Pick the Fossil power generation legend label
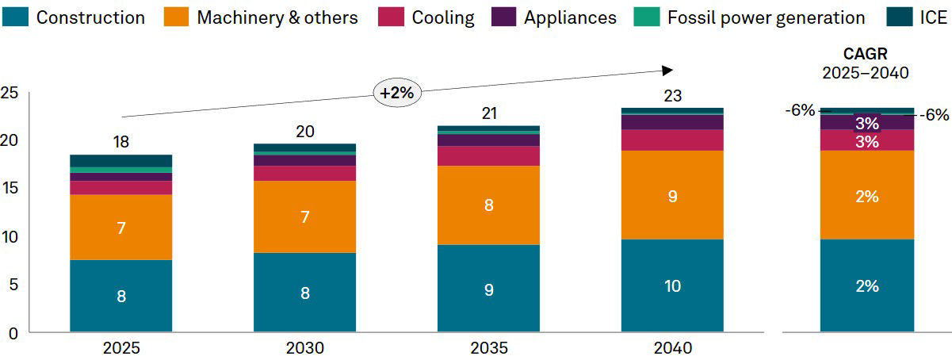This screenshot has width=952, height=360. coord(766,17)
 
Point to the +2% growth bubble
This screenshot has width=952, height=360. coord(396,92)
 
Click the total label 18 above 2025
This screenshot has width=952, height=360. coord(120,142)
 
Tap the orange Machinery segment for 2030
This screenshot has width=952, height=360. coord(304,216)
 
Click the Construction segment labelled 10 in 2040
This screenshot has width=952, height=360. coord(672,285)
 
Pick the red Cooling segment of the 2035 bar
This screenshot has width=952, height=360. coord(488,155)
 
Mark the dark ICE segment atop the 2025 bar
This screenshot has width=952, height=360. coord(120,160)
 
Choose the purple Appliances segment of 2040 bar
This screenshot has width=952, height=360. coord(672,122)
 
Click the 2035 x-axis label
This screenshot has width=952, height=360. coord(489,348)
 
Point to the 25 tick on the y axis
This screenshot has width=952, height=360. coord(10,92)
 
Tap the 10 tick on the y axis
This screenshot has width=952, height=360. coord(10,236)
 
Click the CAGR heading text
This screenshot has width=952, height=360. coord(866,55)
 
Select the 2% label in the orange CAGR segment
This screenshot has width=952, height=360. coord(866,197)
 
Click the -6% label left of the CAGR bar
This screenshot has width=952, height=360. coord(800,110)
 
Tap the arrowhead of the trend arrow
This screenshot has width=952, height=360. coord(667,70)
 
